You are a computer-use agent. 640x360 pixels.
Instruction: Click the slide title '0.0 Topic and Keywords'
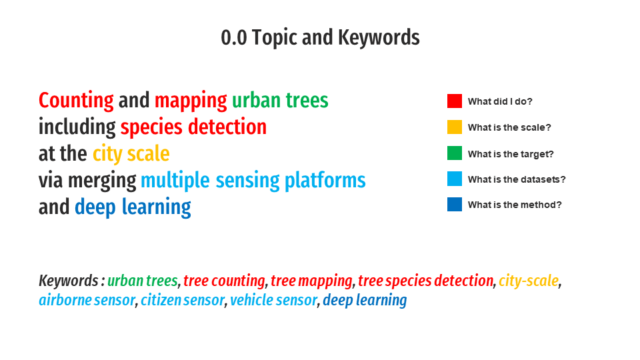pos(320,37)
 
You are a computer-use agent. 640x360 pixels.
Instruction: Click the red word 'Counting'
pos(76,101)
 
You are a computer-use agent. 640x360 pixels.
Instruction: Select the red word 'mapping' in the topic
pos(191,101)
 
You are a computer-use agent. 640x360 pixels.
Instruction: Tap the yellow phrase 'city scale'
pos(131,154)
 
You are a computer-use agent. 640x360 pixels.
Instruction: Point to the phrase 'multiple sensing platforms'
pos(253,181)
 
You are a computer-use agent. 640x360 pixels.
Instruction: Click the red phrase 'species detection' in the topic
pos(193,127)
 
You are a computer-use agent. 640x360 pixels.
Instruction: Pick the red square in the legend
pos(454,101)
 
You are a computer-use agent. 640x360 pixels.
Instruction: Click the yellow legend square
pos(454,127)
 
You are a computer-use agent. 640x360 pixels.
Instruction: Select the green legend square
pos(454,153)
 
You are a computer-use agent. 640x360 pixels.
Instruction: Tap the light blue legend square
pos(454,179)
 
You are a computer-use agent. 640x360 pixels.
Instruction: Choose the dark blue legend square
pos(454,205)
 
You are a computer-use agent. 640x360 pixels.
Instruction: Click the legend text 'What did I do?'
pos(500,101)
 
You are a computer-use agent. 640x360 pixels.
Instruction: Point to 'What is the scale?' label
pos(509,127)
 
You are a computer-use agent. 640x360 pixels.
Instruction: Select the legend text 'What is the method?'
pos(515,205)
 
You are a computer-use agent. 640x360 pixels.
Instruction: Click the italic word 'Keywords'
pos(69,281)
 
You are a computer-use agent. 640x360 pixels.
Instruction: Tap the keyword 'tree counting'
pos(224,281)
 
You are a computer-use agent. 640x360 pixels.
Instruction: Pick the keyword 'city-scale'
pos(529,281)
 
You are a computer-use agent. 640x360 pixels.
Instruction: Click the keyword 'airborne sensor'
pos(87,300)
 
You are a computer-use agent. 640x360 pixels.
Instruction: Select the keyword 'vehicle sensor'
pos(273,300)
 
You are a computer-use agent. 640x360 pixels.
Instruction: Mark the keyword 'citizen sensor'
pos(183,300)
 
